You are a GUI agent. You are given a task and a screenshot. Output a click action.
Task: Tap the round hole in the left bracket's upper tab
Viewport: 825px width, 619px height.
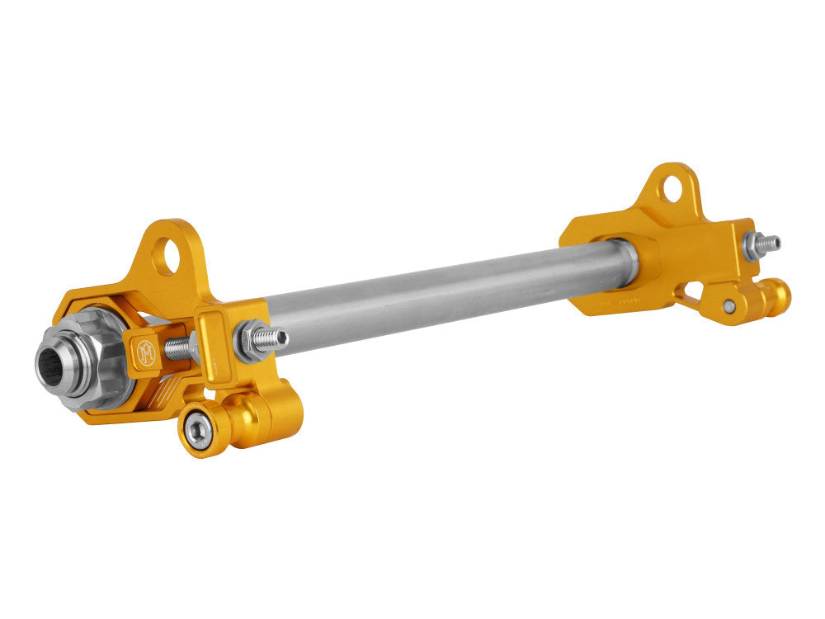tap(172, 256)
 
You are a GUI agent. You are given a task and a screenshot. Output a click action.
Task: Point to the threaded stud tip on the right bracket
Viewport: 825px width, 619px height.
tap(771, 243)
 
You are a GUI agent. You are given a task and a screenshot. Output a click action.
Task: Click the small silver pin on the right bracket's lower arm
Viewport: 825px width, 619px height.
tap(728, 306)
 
